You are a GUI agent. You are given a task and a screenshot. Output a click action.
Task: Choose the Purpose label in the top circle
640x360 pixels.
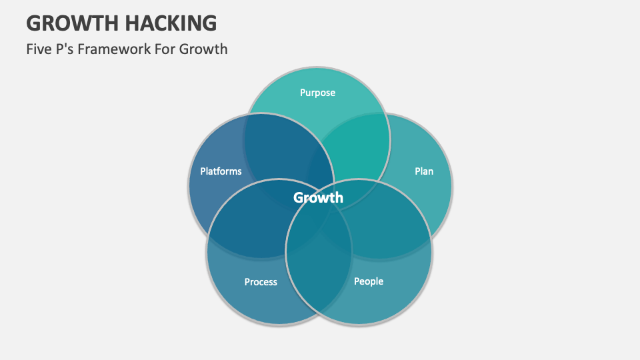tap(317, 93)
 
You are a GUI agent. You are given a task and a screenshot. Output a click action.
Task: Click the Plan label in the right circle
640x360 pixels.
tap(424, 171)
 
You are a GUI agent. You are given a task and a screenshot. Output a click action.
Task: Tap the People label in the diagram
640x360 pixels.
tap(369, 281)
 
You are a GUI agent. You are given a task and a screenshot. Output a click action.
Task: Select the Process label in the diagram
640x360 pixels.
tap(261, 282)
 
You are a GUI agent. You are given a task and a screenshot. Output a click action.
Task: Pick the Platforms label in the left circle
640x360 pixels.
tap(221, 171)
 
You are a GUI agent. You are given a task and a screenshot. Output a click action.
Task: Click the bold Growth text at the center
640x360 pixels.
tap(319, 197)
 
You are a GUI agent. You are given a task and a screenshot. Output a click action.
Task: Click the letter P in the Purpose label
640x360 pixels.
tap(303, 93)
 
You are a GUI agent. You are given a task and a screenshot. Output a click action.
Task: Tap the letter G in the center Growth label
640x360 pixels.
tap(299, 197)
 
